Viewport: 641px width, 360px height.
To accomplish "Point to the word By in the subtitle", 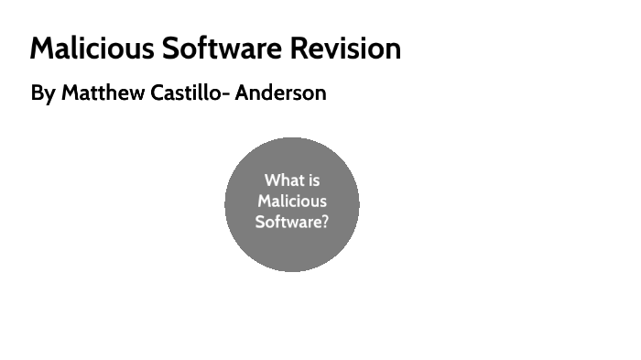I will [x=42, y=93].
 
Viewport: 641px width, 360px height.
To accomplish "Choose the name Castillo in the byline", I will [x=182, y=93].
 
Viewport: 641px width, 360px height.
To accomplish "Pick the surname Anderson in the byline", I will [x=280, y=93].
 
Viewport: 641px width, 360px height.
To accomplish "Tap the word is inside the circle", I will [x=313, y=180].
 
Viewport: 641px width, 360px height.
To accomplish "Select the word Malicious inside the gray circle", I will [x=292, y=201].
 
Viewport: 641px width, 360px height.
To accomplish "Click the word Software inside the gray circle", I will [x=288, y=221].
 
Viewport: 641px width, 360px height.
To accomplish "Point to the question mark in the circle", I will [x=324, y=221].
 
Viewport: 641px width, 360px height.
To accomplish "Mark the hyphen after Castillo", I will [x=225, y=94].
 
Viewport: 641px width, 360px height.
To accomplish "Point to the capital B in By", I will [x=37, y=93].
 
